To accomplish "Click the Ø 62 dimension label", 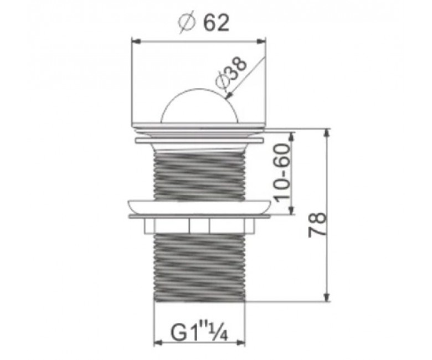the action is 203,23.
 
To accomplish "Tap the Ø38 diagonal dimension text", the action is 231,74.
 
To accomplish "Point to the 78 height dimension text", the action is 317,224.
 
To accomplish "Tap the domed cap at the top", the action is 199,106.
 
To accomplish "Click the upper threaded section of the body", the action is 199,176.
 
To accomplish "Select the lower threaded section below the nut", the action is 199,267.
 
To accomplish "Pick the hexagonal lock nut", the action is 199,225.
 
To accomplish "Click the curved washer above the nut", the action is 199,207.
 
